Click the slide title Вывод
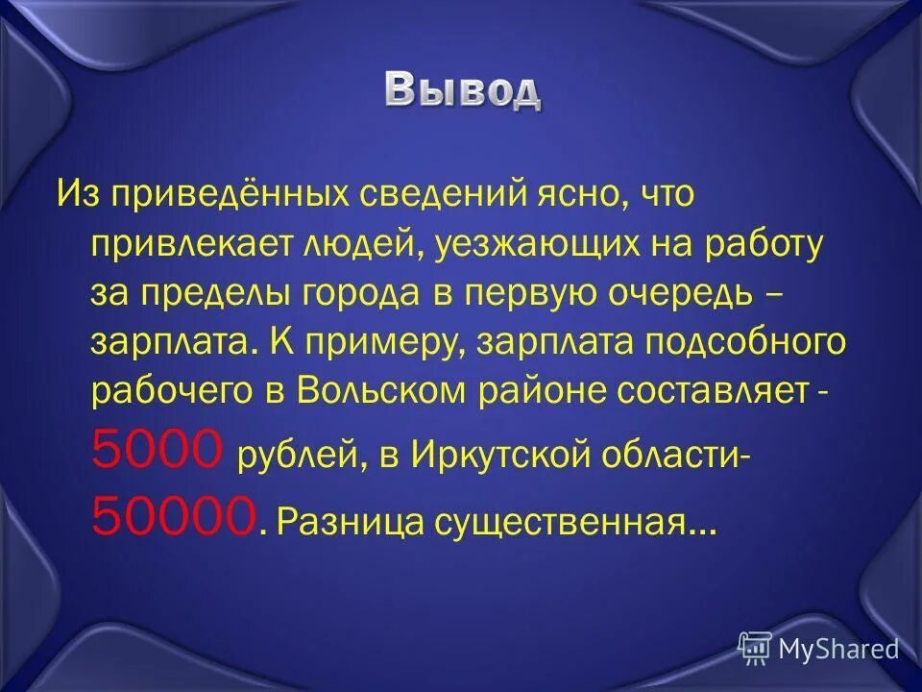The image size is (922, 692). (463, 90)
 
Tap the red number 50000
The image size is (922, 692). (174, 517)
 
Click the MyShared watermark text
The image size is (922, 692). (838, 650)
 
